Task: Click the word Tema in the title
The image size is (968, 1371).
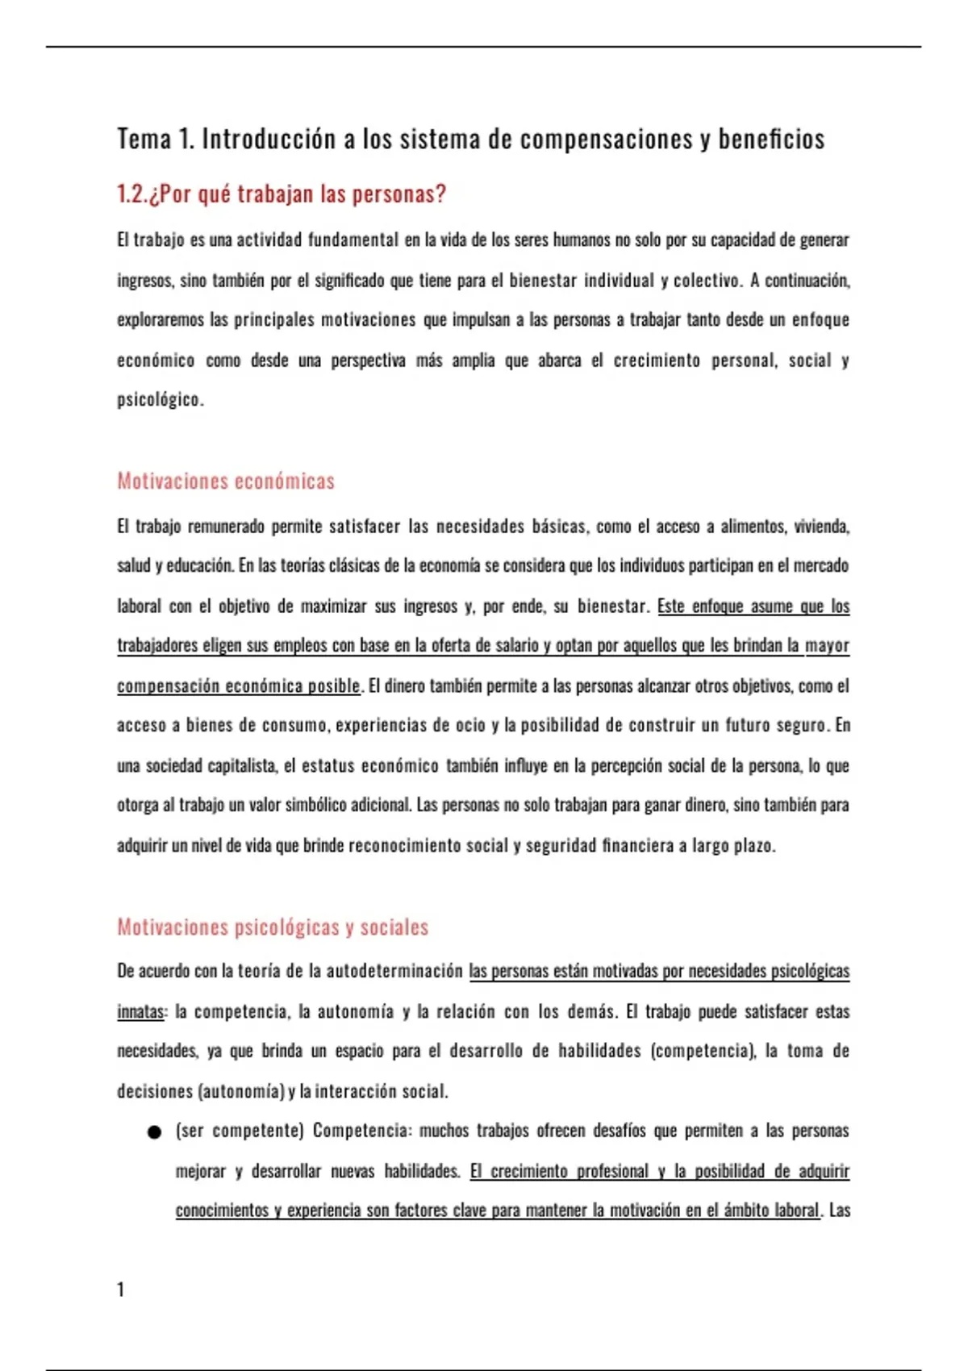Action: click(x=144, y=139)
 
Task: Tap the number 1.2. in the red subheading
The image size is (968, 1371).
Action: click(x=132, y=194)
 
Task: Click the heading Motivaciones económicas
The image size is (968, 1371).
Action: click(x=226, y=481)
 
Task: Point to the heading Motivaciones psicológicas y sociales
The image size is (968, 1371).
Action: click(x=273, y=927)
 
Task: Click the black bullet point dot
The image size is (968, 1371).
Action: click(x=155, y=1132)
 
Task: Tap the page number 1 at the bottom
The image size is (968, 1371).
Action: click(x=121, y=1290)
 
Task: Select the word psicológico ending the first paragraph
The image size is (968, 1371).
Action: click(x=159, y=400)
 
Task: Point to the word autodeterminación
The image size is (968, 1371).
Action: click(x=394, y=971)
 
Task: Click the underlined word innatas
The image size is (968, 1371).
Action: click(x=140, y=1011)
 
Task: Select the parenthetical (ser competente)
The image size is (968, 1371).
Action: click(x=240, y=1131)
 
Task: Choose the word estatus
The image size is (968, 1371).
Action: click(x=328, y=766)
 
